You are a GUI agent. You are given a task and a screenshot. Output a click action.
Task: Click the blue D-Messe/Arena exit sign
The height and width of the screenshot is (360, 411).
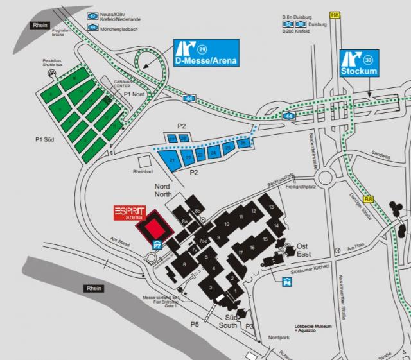tap(206, 54)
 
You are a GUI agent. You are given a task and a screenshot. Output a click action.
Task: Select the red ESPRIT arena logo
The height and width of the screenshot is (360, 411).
tap(130, 213)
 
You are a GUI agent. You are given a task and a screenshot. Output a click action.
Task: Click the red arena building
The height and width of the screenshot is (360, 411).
tap(155, 228)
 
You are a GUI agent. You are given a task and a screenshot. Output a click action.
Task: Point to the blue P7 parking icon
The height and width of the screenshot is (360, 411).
tap(156, 244)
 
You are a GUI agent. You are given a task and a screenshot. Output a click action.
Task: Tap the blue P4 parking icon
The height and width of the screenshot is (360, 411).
tap(286, 279)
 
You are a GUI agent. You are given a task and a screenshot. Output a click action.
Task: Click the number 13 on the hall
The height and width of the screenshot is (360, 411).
tap(272, 207)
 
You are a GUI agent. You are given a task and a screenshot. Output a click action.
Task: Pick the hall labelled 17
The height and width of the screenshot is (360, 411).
tap(240, 252)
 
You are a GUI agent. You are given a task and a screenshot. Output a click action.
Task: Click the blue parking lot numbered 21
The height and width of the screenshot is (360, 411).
tap(172, 159)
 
